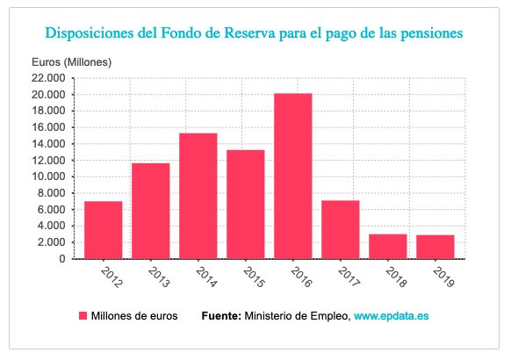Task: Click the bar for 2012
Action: pos(104,230)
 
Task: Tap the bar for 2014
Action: pos(198,196)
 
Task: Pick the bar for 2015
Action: pos(246,205)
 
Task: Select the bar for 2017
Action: pos(341,229)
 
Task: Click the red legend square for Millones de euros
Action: pos(84,316)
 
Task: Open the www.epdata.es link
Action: pos(391,316)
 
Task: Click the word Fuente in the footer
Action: pos(221,316)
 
